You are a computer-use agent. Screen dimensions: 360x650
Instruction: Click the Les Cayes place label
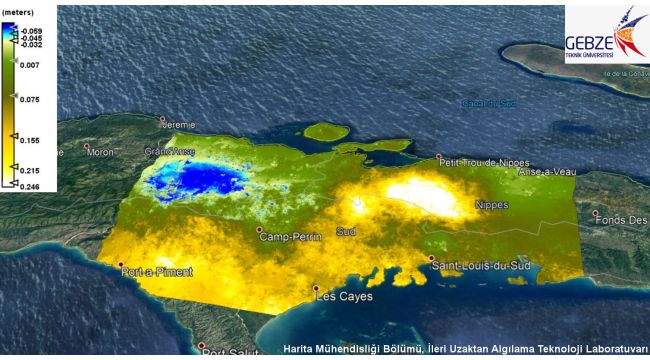click(344, 297)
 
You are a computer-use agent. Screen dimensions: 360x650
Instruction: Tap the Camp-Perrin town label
click(287, 237)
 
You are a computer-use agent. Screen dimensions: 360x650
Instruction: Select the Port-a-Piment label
click(156, 272)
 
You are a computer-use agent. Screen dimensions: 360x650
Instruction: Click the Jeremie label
click(179, 125)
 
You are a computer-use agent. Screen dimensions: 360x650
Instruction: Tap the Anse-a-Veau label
click(547, 171)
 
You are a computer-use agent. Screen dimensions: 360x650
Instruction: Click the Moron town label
click(101, 152)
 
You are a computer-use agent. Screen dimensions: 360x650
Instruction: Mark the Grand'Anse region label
click(168, 152)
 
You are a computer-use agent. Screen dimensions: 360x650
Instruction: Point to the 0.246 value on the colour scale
click(31, 187)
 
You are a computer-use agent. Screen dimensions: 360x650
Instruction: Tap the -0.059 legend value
click(31, 31)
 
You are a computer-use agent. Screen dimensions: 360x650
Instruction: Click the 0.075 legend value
click(31, 100)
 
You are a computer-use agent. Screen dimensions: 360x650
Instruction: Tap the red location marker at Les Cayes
click(316, 289)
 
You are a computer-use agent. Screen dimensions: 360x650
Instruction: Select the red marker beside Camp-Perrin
click(259, 229)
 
